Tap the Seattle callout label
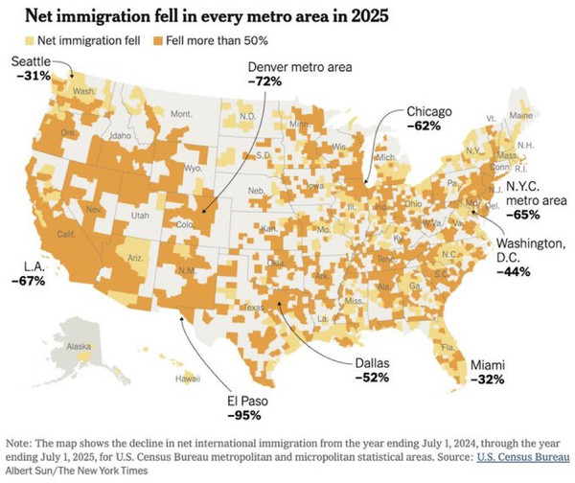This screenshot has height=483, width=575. (x=31, y=61)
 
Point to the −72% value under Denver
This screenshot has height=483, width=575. (x=264, y=82)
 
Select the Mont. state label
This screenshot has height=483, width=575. (x=180, y=113)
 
